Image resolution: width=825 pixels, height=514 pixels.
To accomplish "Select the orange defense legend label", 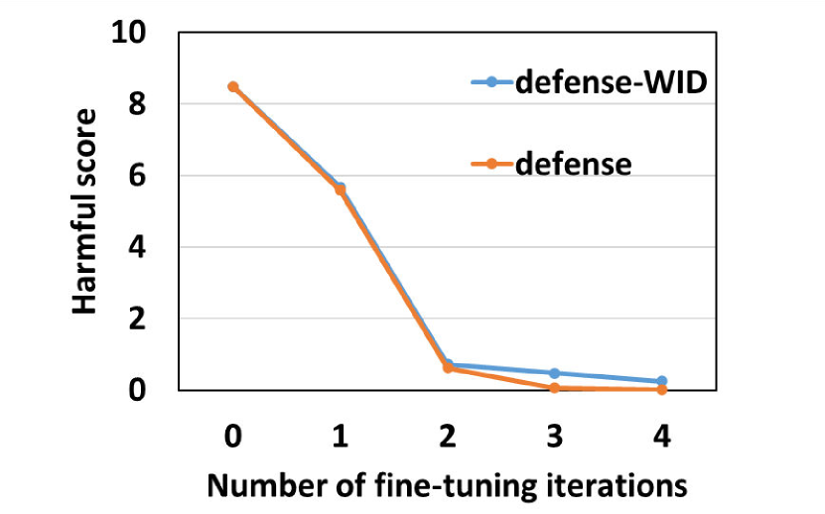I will pos(573,162).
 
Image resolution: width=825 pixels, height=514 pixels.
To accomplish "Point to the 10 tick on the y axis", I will pos(130,33).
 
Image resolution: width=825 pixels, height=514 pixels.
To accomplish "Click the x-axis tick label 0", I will pos(232,437).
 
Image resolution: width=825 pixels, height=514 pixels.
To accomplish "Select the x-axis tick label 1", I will pos(341,437).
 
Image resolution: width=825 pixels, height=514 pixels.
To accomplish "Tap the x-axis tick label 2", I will pos(448,437).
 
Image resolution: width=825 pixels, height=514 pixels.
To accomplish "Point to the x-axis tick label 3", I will pos(555,437).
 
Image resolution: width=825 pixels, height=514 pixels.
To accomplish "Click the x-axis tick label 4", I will pos(662,437).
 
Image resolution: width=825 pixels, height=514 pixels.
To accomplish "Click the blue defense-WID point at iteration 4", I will pos(662,381).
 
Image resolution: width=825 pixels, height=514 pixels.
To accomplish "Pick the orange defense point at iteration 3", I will pos(555,388).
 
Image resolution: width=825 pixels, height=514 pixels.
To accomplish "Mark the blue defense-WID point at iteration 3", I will pos(555,373).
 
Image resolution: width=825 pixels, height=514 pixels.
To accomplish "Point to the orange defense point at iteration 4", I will pos(662,390).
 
